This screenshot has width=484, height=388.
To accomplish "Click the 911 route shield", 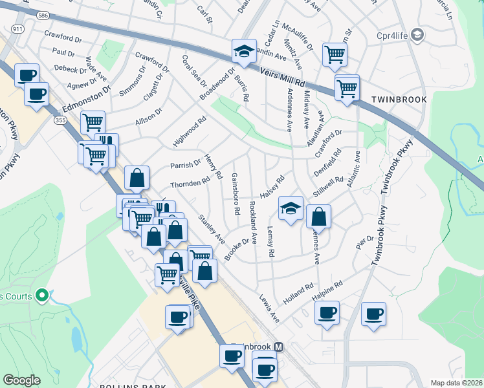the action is coord(17,29).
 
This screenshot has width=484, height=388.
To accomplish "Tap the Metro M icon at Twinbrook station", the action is coord(279,347).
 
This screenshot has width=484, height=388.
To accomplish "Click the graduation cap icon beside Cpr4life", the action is coord(417,34).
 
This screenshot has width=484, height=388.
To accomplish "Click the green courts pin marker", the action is coord(43,296).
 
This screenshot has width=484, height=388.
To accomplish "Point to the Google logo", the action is coord(21,380).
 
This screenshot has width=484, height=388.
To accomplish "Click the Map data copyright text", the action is coord(457,383).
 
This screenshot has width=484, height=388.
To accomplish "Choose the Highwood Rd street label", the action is coord(189,131).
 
